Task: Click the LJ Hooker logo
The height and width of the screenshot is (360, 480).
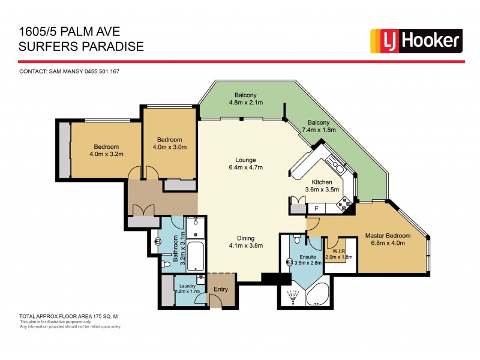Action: pos(416,40)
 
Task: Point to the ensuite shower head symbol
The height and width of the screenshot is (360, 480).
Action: pos(293,296)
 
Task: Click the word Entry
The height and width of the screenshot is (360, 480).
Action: pos(220,289)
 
